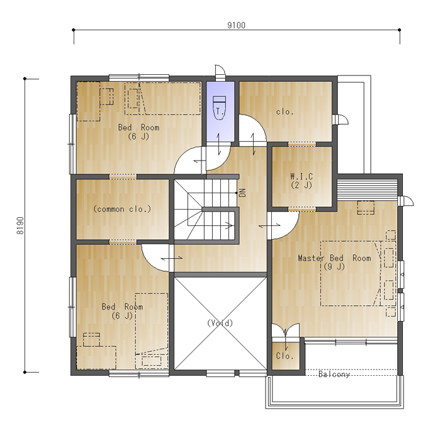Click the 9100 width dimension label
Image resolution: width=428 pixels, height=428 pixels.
237,25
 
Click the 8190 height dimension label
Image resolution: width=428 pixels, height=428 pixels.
20,225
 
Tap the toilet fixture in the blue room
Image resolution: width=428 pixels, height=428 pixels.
219,108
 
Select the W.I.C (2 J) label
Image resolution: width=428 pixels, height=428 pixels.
301,181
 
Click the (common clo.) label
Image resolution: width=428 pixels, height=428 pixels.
122,209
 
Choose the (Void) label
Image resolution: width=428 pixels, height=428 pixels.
220,323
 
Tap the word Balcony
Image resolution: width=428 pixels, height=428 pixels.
334,374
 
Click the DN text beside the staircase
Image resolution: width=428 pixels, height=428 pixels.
242,193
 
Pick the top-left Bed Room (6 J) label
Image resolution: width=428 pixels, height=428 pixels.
138,132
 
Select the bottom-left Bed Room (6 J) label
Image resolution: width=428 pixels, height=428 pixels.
122,311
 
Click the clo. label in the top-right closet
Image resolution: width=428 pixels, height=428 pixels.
284,111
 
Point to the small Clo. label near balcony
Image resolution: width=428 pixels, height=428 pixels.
284,356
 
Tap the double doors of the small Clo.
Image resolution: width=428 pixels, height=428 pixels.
286,330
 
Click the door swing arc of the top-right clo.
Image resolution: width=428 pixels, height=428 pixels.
259,122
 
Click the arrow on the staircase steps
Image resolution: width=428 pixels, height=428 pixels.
228,225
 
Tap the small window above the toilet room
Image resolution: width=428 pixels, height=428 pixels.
220,72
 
